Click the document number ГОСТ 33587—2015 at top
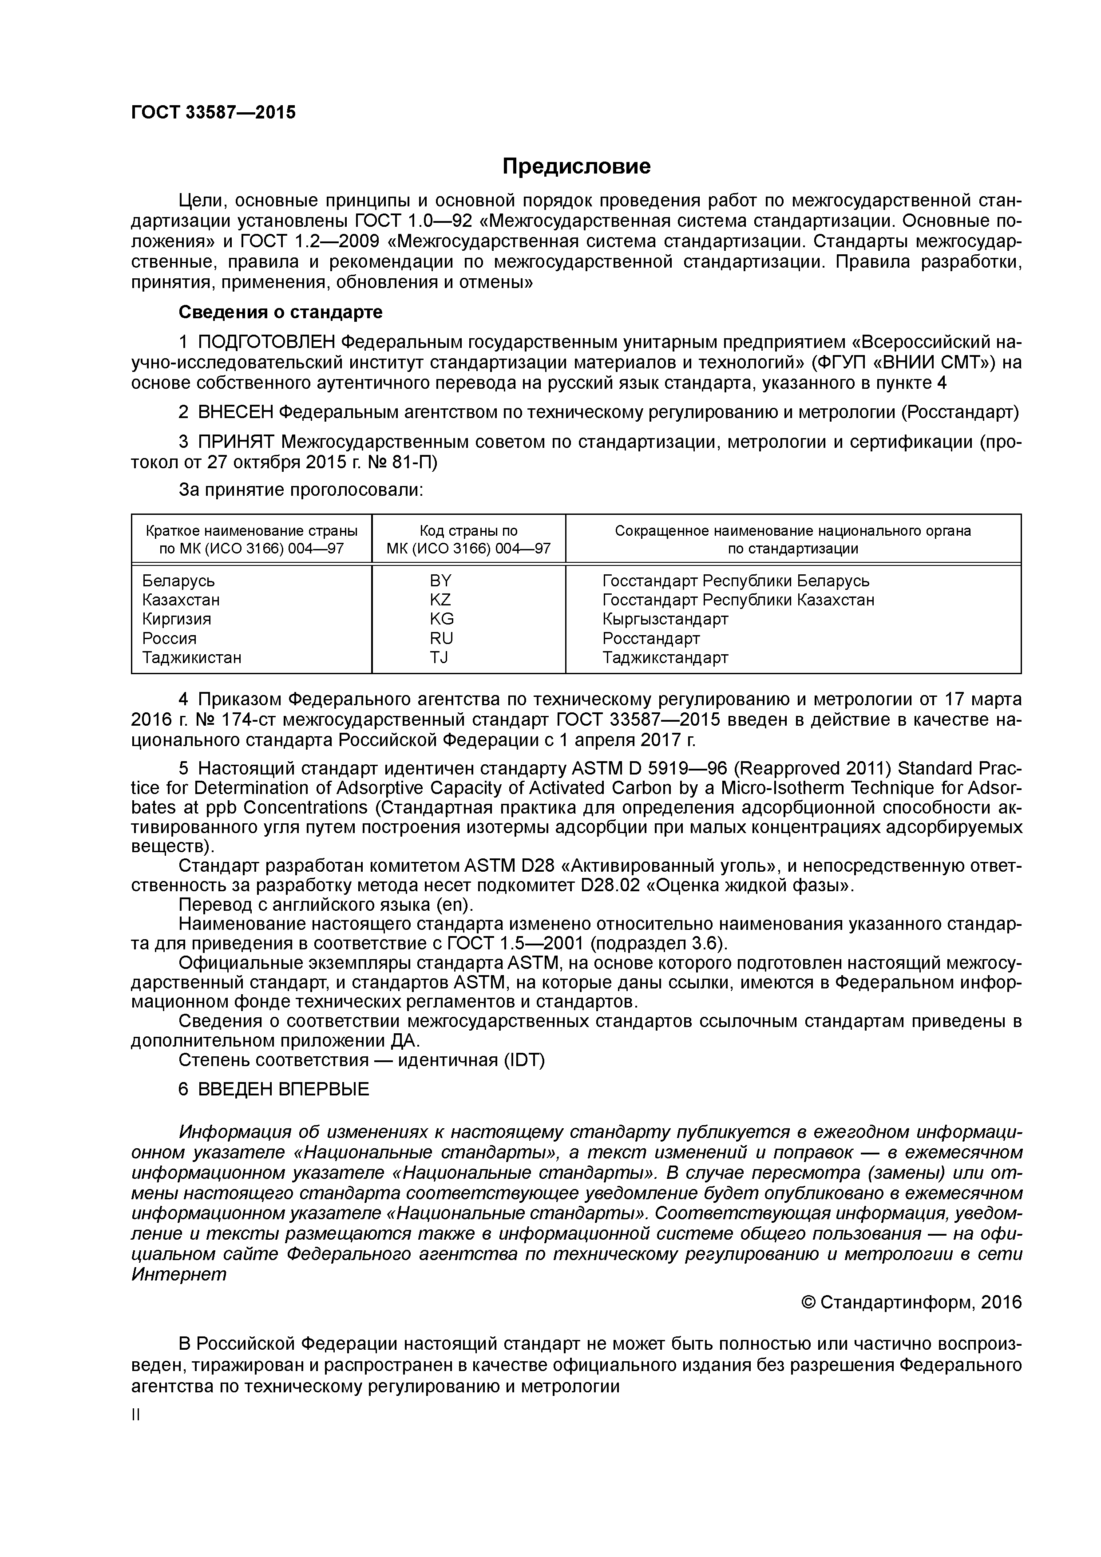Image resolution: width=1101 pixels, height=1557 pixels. point(213,113)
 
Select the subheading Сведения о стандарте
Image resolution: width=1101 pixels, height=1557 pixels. point(280,312)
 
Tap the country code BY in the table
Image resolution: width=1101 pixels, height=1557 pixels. point(440,581)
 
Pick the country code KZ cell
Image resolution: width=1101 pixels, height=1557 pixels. point(440,600)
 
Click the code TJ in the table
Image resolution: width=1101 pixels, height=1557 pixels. point(439,657)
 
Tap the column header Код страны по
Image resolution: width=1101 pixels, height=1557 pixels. point(468,531)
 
